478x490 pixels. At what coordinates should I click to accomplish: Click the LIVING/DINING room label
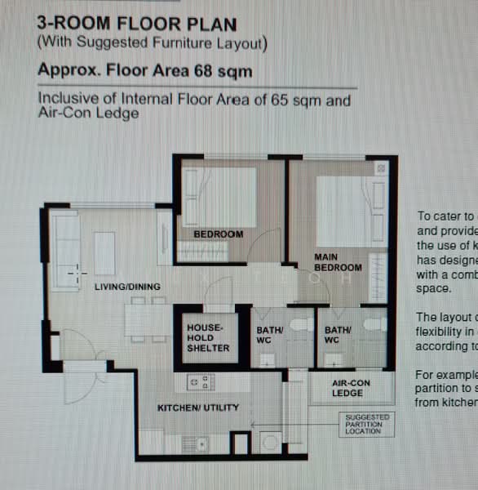pyautogui.click(x=127, y=287)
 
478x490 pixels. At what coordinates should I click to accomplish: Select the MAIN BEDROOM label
pyautogui.click(x=338, y=262)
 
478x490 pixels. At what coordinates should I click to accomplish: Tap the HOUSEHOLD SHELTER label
pyautogui.click(x=209, y=337)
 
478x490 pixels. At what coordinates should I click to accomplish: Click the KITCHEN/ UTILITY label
pyautogui.click(x=198, y=408)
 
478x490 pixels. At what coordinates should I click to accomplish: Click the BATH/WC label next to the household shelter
pyautogui.click(x=269, y=336)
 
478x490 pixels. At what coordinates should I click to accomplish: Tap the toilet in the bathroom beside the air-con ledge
pyautogui.click(x=374, y=324)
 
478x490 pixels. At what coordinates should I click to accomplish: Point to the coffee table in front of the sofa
pyautogui.click(x=104, y=253)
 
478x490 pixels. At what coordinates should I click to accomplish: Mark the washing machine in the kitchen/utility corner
pyautogui.click(x=269, y=442)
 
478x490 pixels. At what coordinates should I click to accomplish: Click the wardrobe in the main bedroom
pyautogui.click(x=378, y=278)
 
